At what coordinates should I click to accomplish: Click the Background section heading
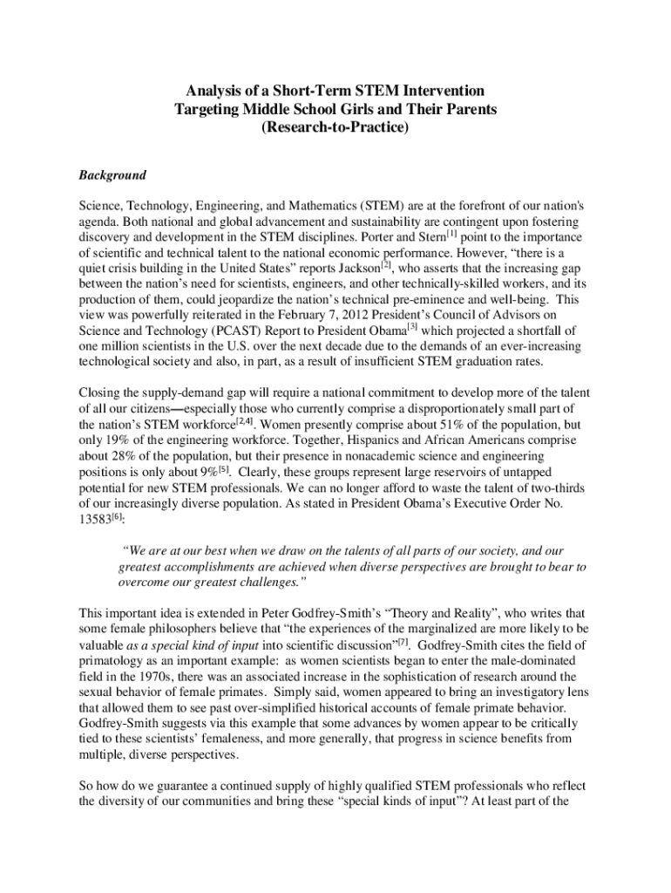pos(112,174)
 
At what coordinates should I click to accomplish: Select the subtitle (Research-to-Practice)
pos(335,127)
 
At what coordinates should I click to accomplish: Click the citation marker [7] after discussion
pos(403,641)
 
